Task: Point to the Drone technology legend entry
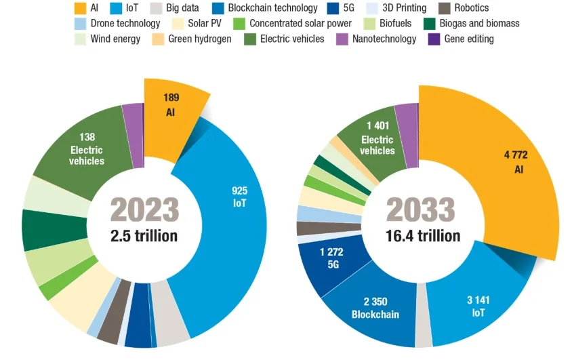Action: tap(121, 24)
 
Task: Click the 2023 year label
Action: tap(144, 210)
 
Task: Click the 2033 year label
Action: tap(420, 210)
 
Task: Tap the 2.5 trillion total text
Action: tap(144, 236)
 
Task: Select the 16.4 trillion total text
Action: tap(420, 236)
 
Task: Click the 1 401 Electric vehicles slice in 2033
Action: tap(377, 139)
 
